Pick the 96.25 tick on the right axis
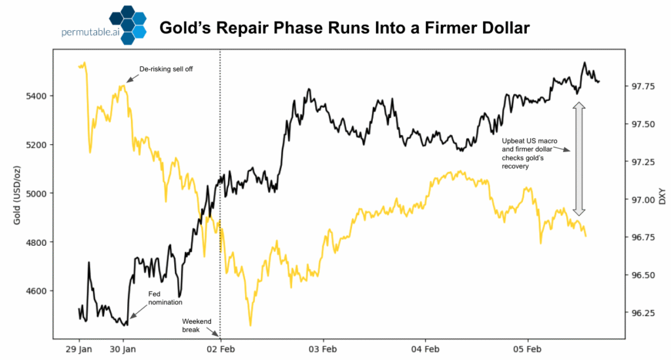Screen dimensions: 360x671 [x=643, y=313]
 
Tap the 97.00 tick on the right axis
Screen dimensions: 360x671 [x=643, y=199]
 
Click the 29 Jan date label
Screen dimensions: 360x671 [x=79, y=349]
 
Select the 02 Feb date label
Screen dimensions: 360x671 [x=220, y=349]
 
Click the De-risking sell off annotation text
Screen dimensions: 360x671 [x=166, y=69]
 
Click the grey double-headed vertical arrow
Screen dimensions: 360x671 [x=579, y=159]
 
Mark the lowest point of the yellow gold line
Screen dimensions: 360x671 [x=250, y=325]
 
